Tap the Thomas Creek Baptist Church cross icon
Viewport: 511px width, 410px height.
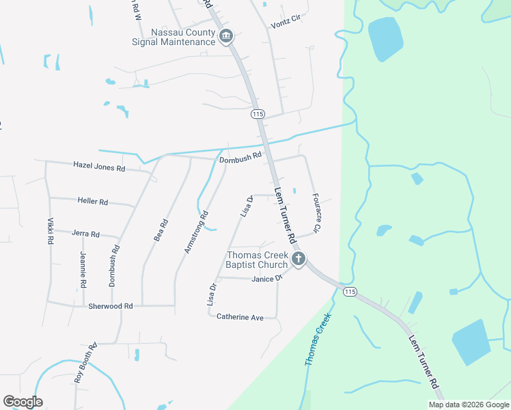298,259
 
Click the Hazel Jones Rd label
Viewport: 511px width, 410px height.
100,167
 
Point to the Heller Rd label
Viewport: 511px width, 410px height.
93,202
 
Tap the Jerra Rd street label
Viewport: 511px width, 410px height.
85,234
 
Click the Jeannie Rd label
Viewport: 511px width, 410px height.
83,269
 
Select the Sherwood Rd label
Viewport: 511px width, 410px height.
110,306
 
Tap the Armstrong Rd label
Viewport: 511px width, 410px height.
196,232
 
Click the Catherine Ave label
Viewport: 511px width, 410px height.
240,317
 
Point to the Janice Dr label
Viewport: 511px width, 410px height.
267,279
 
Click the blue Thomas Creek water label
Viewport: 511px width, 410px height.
318,338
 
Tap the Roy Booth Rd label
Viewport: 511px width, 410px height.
85,362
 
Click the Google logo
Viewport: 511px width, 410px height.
23,402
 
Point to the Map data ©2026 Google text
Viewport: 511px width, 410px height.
468,405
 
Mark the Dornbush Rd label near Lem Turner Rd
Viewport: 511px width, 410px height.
241,156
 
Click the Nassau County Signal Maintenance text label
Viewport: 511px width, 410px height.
174,37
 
